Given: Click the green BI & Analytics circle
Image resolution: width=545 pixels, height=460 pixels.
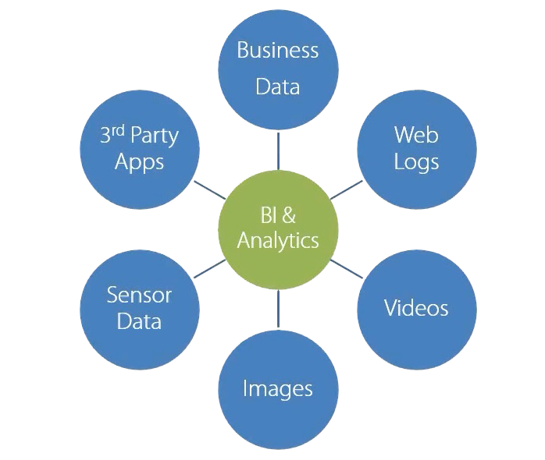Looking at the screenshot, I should click(278, 228).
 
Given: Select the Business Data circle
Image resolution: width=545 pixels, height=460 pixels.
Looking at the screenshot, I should click(278, 69).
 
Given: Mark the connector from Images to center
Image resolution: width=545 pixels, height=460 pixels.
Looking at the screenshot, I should click(278, 307).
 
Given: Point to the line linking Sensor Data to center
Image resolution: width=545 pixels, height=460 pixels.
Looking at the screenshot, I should click(208, 267).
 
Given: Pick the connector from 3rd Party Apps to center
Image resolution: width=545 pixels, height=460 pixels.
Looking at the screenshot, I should click(208, 188).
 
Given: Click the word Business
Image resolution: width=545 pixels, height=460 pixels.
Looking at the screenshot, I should click(278, 51).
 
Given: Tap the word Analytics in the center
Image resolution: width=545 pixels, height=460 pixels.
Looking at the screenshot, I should click(278, 240).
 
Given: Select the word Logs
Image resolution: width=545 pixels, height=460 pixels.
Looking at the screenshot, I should click(416, 162).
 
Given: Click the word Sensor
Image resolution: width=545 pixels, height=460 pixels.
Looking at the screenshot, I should click(139, 295).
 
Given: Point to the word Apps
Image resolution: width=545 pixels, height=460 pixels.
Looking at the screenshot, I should click(139, 162).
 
